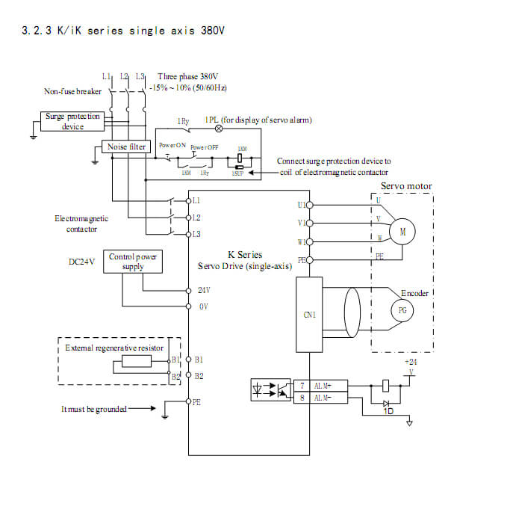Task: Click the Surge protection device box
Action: [x=72, y=121]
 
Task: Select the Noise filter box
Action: [x=126, y=147]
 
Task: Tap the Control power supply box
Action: [x=133, y=261]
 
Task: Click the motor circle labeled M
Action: [x=402, y=232]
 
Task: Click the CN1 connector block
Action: [x=310, y=315]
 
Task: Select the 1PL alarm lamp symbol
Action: [x=219, y=128]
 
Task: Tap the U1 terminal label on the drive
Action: [x=301, y=204]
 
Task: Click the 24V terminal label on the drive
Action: [x=204, y=289]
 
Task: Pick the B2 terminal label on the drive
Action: [x=199, y=376]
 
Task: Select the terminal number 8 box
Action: [x=301, y=398]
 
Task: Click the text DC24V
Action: [x=81, y=262]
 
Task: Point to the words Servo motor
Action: [x=406, y=186]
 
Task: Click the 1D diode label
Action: [x=388, y=411]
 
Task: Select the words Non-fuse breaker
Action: [x=72, y=91]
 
